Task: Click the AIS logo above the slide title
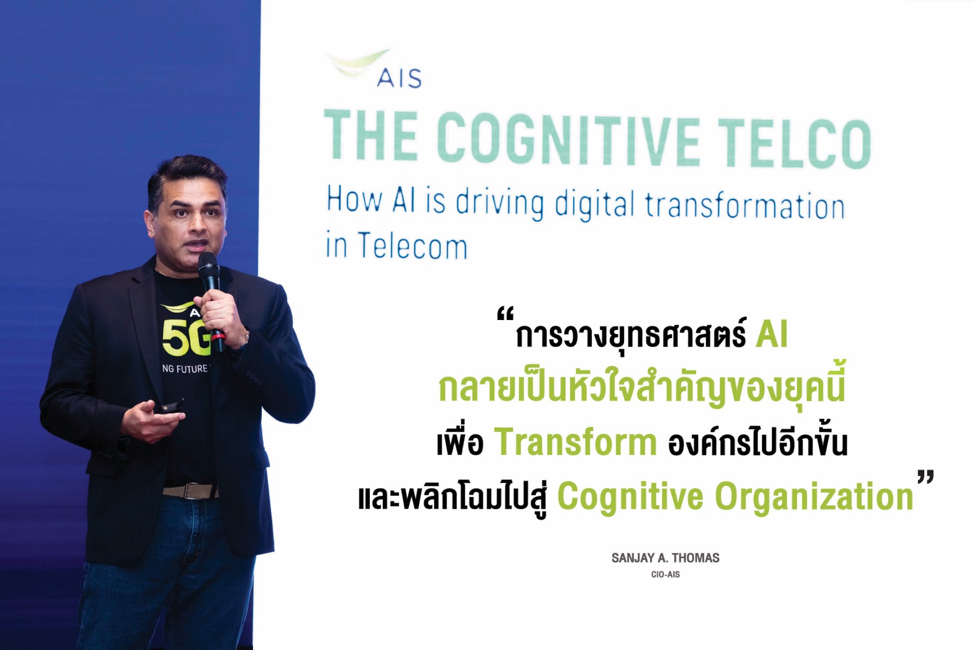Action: click(374, 69)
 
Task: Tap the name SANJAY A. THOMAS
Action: click(665, 558)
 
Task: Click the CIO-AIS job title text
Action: click(665, 574)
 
